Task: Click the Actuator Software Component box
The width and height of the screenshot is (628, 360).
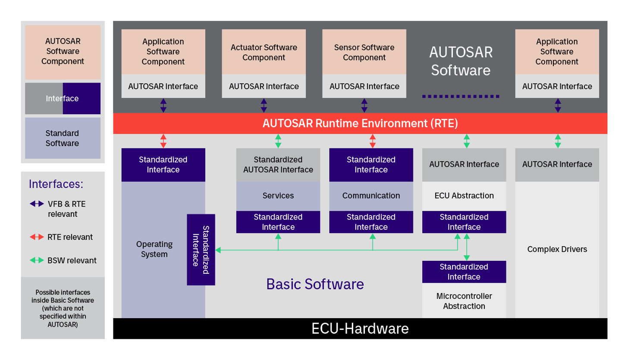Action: pos(264,52)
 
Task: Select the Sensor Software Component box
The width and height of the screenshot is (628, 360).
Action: pos(364,52)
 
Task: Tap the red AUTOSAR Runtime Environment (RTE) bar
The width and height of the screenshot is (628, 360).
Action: pos(360,124)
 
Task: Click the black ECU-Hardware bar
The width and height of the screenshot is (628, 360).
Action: pos(360,329)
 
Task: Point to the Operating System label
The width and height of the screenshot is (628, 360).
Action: pos(154,249)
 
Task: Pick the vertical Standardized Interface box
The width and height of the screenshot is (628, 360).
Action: pos(201,250)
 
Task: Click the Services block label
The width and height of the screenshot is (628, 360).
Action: pos(278,196)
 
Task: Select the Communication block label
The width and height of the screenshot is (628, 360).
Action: pos(371,196)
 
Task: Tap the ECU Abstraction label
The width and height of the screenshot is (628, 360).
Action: pos(464,196)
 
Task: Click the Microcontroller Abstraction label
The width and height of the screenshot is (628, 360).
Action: pos(464,301)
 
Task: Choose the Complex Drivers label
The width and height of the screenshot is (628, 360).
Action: pos(557,249)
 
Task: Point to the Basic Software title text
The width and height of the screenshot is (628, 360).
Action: pos(315,284)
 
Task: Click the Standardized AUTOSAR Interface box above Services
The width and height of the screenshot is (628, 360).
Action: pos(278,165)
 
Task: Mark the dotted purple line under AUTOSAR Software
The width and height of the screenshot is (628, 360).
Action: pos(460,96)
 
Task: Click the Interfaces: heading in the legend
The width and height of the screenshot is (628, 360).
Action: pos(56,184)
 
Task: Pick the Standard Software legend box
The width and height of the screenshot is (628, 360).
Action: pos(63,138)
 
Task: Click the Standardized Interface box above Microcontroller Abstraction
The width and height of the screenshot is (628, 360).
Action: pos(464,272)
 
